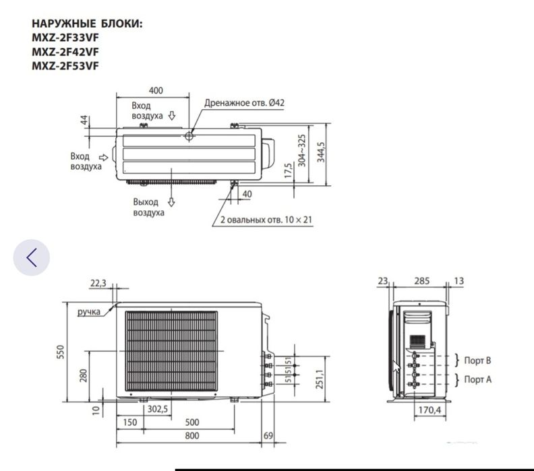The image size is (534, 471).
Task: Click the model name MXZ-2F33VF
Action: [x=66, y=38]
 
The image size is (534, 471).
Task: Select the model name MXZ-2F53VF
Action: [x=66, y=65]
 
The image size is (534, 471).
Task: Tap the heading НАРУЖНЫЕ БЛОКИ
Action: [x=87, y=24]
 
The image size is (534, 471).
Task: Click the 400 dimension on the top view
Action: [x=156, y=91]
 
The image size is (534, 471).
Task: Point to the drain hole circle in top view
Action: [x=189, y=136]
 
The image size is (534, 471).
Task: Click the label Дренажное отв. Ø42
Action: [x=245, y=102]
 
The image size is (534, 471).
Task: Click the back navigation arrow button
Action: [x=31, y=257]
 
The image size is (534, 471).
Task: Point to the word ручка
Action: [x=88, y=311]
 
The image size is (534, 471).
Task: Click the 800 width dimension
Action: [x=192, y=437]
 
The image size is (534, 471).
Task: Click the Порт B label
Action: [x=477, y=361]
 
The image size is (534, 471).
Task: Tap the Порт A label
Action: [x=477, y=380]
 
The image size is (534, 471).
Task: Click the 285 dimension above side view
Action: [x=421, y=281]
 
